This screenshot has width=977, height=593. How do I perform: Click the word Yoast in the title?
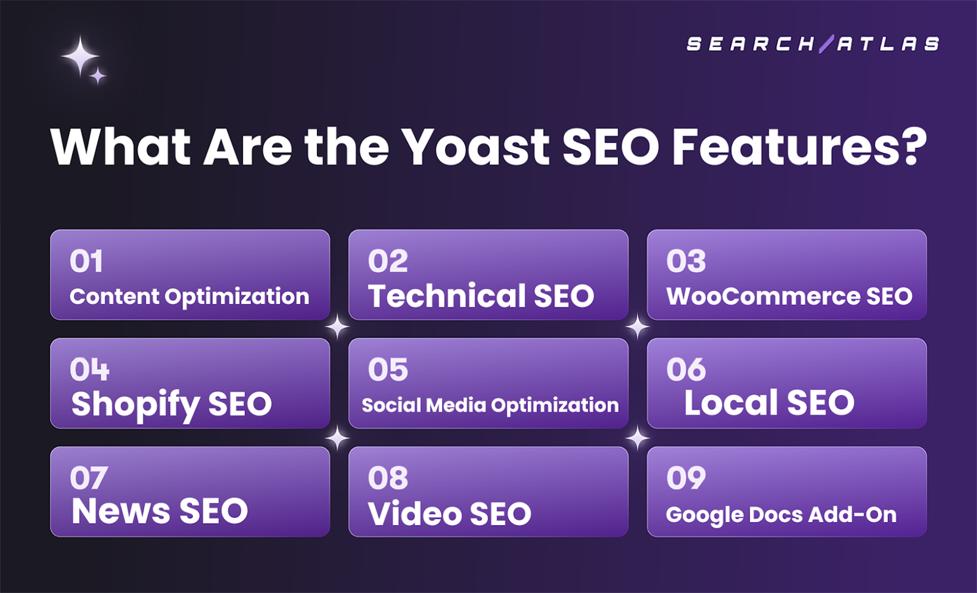click(475, 147)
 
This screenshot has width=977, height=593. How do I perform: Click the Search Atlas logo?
click(813, 44)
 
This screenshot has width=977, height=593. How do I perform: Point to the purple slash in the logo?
click(826, 44)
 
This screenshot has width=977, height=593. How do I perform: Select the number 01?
click(86, 262)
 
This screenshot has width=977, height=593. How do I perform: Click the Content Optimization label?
click(189, 297)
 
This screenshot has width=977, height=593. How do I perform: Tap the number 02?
click(388, 262)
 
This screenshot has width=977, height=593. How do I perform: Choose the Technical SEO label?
click(481, 296)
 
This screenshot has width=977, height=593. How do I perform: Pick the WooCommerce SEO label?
click(789, 297)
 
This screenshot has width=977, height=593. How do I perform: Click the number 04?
click(89, 370)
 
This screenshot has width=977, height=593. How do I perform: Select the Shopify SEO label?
click(172, 405)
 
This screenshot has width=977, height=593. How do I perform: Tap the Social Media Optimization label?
click(490, 405)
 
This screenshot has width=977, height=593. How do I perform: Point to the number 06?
click(686, 370)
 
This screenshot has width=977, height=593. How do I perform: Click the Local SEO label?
click(768, 403)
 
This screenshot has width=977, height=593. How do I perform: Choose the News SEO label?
click(160, 511)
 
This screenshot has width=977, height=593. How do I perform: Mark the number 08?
click(388, 478)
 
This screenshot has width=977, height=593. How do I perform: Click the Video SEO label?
click(449, 514)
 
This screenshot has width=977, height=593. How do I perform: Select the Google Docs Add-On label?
click(781, 515)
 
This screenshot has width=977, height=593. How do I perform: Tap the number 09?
click(686, 478)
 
